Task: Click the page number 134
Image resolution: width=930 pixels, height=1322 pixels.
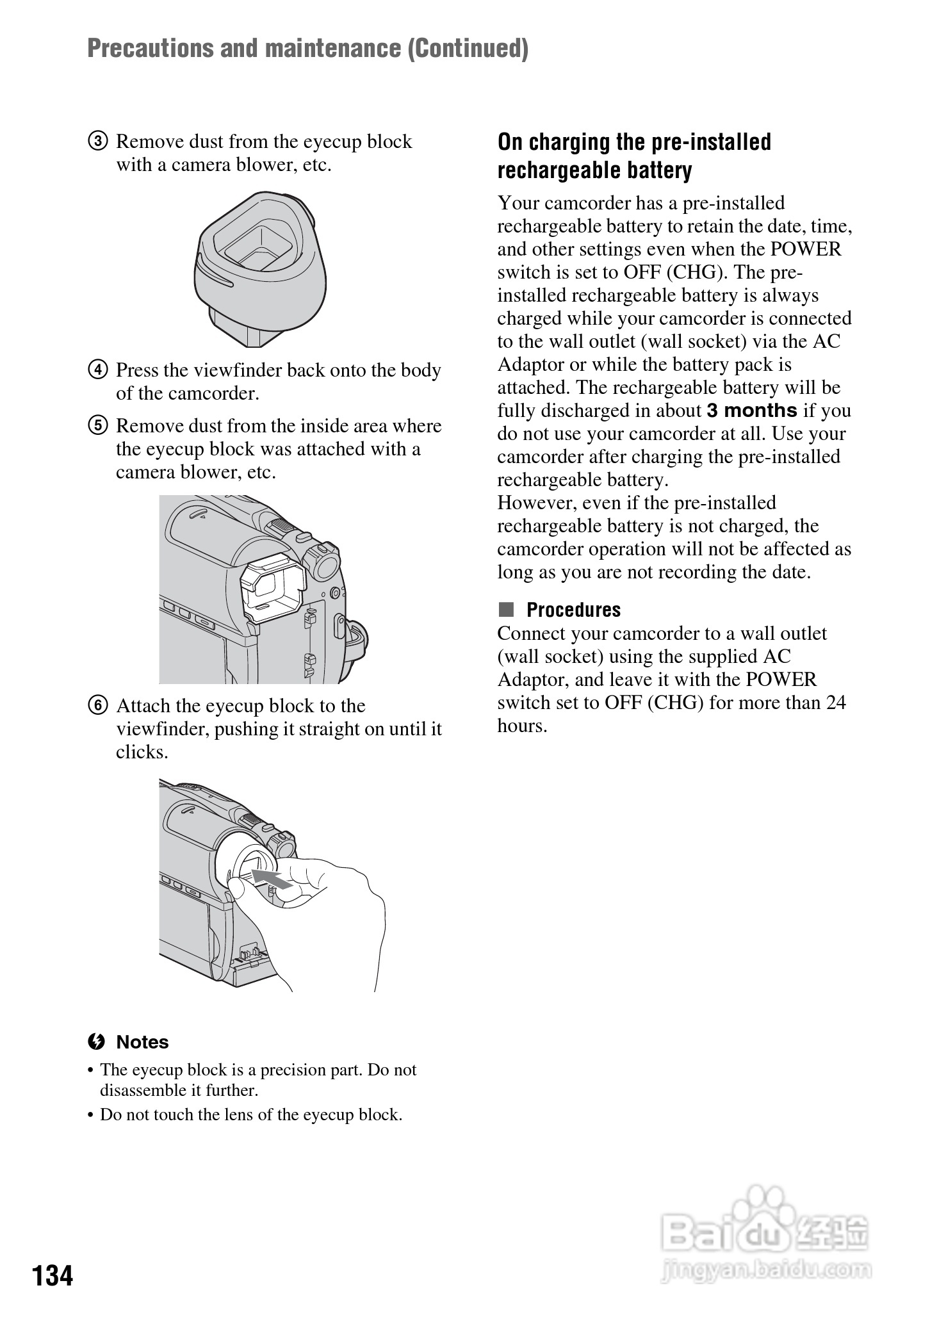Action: [53, 1275]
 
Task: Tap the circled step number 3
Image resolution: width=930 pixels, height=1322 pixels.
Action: [98, 142]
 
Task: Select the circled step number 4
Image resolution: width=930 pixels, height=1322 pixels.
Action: [98, 370]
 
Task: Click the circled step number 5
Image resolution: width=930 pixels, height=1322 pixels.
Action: [98, 426]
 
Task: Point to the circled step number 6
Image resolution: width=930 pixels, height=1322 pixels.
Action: [98, 706]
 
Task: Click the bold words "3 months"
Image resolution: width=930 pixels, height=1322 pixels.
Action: [752, 411]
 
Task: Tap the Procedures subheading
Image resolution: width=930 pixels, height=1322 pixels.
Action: [573, 610]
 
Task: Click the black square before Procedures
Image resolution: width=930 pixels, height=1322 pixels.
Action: [507, 609]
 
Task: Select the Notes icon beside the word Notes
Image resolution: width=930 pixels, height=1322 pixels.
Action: [96, 1042]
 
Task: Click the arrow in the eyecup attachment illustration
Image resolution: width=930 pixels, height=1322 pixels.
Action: [273, 879]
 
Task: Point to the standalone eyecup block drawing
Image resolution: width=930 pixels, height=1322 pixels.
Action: [259, 268]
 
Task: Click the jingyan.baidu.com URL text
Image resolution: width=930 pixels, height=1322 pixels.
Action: [765, 1268]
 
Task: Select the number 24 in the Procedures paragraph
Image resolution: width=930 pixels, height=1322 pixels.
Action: [836, 703]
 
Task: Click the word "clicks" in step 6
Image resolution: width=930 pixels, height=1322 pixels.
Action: [140, 752]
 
